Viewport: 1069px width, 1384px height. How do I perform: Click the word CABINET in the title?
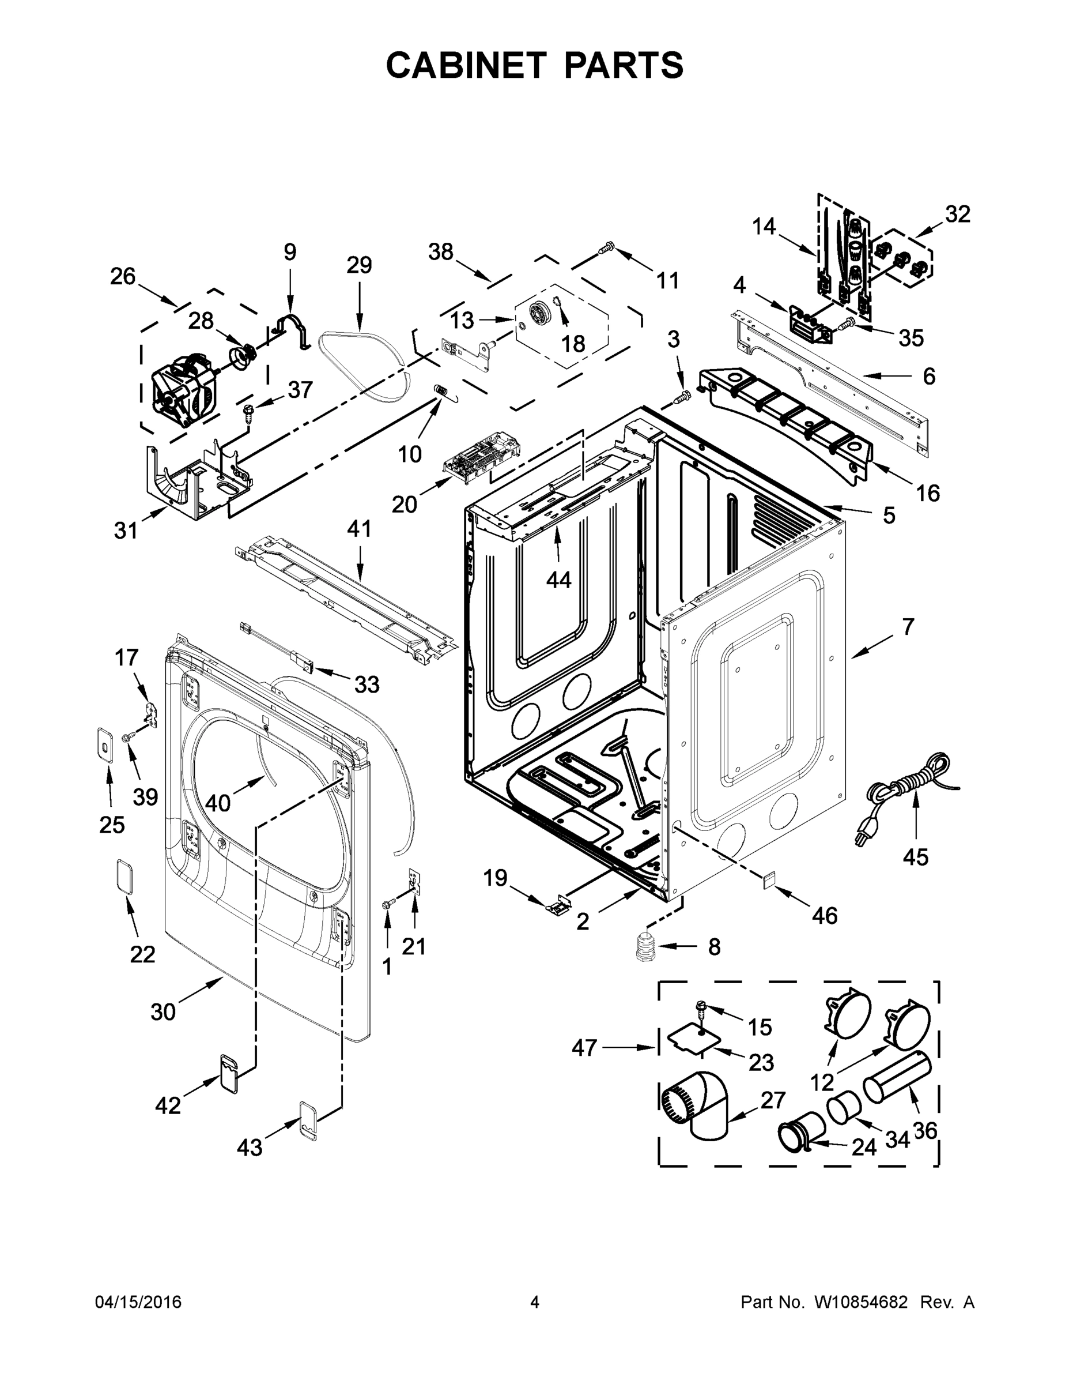(466, 65)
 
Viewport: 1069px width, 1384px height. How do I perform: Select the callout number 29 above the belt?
(359, 265)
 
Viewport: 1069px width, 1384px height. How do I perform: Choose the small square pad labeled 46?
(768, 880)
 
